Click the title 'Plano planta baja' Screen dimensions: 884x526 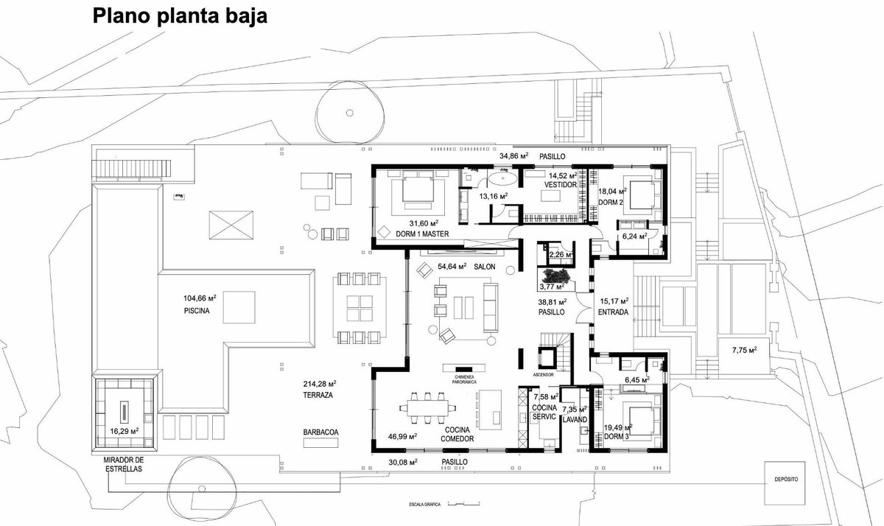click(x=180, y=16)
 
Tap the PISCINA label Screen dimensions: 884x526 click(x=197, y=311)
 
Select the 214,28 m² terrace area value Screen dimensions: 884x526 click(x=320, y=384)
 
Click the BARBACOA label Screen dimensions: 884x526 click(x=321, y=432)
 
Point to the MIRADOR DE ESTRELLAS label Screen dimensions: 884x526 click(x=124, y=464)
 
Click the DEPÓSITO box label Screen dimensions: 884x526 click(x=786, y=480)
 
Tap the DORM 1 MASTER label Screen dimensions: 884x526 click(x=422, y=234)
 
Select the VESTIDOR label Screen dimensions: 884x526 click(x=561, y=185)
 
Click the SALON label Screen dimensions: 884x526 click(x=485, y=267)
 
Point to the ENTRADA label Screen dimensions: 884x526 click(x=613, y=312)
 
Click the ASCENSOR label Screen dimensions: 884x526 click(x=543, y=375)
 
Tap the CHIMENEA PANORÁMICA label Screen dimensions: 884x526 click(x=464, y=379)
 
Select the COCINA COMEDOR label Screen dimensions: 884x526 click(x=457, y=434)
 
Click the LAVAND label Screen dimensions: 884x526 click(x=575, y=420)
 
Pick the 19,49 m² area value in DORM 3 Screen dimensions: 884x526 click(x=618, y=428)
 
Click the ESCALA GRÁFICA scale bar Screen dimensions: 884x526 click(x=464, y=504)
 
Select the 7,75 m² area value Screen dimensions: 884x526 click(x=745, y=350)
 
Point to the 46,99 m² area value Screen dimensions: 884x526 click(x=402, y=436)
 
